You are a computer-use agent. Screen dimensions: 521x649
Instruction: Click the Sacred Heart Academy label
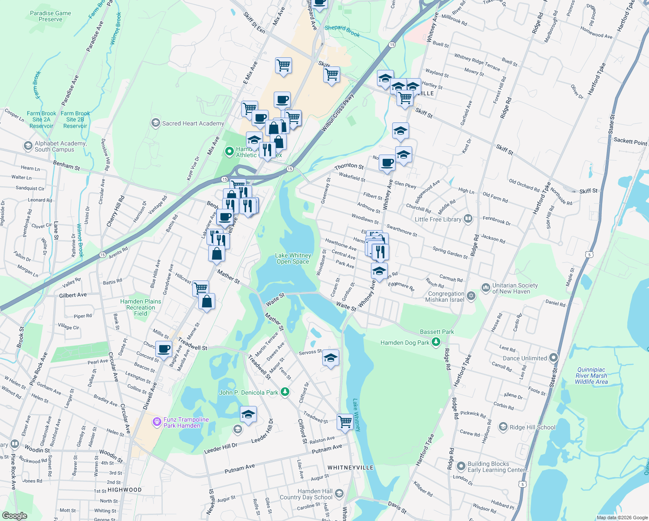pos(193,123)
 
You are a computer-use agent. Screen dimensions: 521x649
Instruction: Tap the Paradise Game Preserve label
pos(50,16)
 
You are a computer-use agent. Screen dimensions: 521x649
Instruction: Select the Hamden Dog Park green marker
pos(436,343)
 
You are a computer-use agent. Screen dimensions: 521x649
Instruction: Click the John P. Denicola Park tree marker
pos(285,392)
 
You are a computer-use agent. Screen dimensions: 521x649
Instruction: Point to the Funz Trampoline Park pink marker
pos(157,422)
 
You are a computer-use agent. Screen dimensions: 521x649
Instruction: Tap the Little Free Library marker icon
pos(468,219)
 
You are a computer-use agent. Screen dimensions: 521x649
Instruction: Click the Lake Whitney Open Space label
pos(293,258)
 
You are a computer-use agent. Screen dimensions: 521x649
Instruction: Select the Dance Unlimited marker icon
pos(553,358)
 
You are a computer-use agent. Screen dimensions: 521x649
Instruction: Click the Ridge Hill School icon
pos(503,427)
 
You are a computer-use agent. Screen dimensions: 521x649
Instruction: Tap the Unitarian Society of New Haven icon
pos(486,287)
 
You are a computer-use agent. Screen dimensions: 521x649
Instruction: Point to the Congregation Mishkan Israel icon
pos(471,296)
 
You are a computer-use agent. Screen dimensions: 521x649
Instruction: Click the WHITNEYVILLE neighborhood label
pos(350,468)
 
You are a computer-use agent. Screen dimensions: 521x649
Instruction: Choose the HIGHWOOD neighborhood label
pos(125,490)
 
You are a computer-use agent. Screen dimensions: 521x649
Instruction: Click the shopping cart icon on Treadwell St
pos(345,421)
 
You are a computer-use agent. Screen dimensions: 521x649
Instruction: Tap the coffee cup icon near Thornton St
pos(387,163)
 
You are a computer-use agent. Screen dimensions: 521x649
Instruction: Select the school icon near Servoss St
pos(331,358)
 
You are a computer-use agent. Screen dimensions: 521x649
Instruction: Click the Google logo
pos(14,516)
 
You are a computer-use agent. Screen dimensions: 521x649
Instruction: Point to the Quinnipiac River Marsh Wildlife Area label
pos(591,376)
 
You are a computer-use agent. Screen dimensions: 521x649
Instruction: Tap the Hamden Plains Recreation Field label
pos(141,307)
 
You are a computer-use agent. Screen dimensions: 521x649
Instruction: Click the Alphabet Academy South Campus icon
pos(28,145)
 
